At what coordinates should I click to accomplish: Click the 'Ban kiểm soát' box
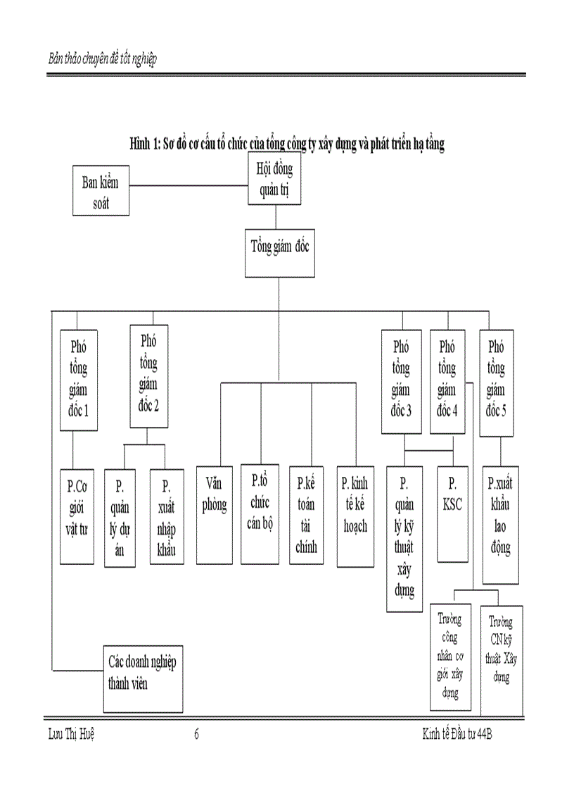click(x=101, y=190)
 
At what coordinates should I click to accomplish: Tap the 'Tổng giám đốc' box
click(x=280, y=252)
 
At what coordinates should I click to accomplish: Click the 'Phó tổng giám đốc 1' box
click(x=78, y=379)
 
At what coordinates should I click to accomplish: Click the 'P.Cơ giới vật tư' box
click(x=77, y=515)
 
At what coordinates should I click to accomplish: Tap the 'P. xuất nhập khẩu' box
click(x=167, y=517)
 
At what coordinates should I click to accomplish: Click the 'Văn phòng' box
click(x=214, y=515)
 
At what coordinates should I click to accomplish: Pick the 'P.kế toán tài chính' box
click(x=307, y=515)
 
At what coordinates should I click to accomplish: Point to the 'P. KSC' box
click(x=453, y=514)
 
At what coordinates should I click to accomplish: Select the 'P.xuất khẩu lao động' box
click(x=500, y=525)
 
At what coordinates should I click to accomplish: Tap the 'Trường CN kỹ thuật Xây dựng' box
click(x=501, y=655)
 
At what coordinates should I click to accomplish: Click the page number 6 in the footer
click(x=196, y=735)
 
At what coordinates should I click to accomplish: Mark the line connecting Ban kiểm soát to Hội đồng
click(x=188, y=186)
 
